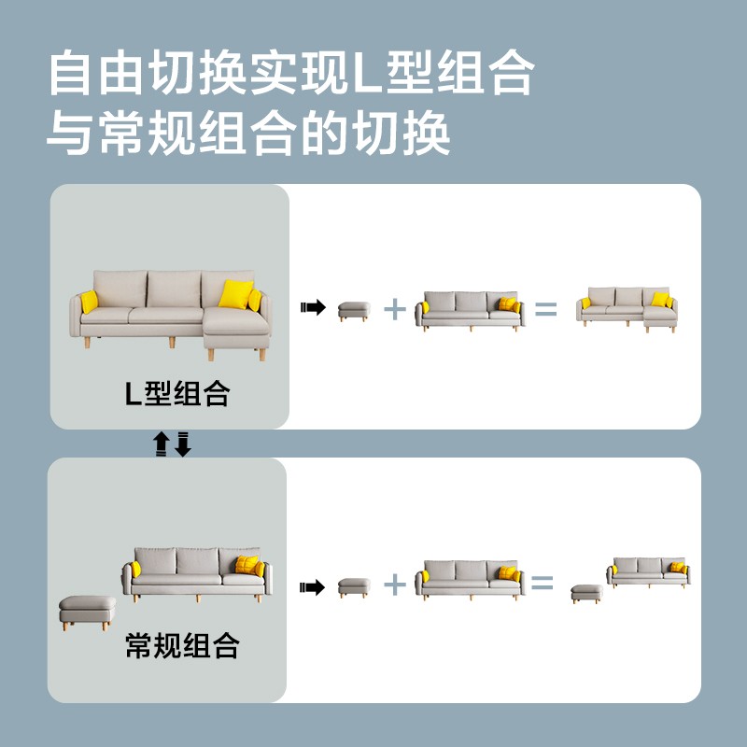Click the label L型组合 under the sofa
click(177, 393)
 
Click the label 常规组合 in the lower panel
click(182, 645)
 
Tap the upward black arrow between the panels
click(161, 444)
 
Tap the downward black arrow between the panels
click(183, 444)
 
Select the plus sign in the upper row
click(395, 309)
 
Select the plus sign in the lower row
click(395, 585)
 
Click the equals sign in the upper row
click(546, 309)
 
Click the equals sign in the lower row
click(543, 583)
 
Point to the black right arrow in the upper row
click(313, 307)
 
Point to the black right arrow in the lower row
click(312, 587)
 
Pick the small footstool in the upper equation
click(354, 312)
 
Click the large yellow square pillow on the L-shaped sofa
click(236, 294)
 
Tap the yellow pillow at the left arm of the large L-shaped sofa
click(89, 302)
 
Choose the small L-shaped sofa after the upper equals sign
click(627, 310)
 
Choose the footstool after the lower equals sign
click(587, 594)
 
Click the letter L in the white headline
click(367, 74)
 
